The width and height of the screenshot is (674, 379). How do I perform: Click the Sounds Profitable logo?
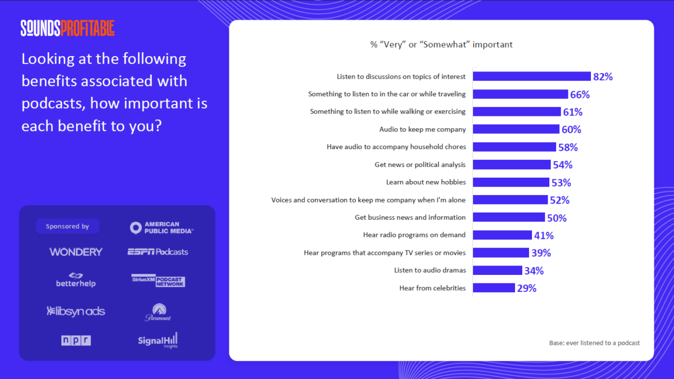coord(67,28)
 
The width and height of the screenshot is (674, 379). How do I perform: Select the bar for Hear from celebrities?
coord(494,288)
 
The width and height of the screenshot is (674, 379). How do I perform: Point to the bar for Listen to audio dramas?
coord(498,270)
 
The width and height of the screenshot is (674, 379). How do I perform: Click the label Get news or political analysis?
coord(420,165)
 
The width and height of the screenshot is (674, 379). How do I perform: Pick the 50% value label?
coord(557,218)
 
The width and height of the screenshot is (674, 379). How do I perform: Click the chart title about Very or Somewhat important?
coord(441,44)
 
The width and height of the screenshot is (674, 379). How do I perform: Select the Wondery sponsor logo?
coord(76,252)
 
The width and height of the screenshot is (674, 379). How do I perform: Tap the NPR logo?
coord(76,340)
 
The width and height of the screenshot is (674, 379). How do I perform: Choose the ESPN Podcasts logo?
coord(158,252)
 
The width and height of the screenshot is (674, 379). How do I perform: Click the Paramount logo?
coord(158,313)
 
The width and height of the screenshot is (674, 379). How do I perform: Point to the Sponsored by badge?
coord(67,227)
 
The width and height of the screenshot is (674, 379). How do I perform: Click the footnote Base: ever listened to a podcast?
coord(594,343)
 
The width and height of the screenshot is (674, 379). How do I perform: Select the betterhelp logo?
coord(76,280)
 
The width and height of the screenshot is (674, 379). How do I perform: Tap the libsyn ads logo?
coord(76,311)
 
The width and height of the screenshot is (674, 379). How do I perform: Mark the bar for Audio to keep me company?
coord(516,129)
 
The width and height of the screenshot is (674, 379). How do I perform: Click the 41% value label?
coord(544,235)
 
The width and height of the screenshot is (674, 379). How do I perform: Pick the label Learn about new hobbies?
coord(426,182)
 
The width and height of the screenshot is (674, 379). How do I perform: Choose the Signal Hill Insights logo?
coord(158,340)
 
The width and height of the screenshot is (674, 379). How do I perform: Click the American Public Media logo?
coord(162,227)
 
